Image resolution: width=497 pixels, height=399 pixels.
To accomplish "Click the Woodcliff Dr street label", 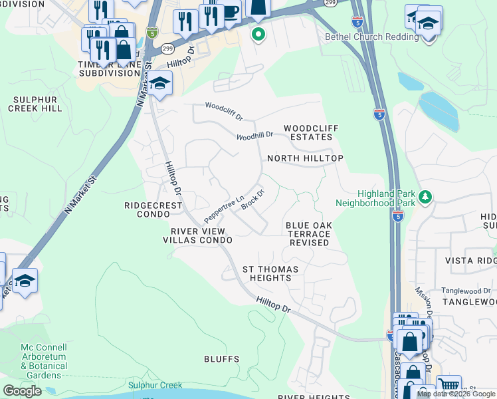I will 224,110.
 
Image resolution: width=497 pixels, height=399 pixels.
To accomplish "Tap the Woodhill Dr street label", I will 255,136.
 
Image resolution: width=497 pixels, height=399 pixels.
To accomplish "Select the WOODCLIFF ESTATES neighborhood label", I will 308,132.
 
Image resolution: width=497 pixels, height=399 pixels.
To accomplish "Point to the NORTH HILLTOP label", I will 305,158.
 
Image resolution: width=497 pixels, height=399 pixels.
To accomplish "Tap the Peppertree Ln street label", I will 224,209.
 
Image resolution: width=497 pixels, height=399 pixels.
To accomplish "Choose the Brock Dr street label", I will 253,200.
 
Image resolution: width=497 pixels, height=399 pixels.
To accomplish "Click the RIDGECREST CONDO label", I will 153,210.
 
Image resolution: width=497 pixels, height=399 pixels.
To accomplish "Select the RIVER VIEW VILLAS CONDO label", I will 198,236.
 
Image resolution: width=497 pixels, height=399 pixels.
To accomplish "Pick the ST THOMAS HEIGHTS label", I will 270,273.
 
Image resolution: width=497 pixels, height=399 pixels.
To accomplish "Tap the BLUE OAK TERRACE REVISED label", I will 308,234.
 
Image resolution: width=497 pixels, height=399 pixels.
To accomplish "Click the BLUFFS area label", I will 222,359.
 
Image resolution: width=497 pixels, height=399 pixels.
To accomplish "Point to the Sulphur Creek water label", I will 155,385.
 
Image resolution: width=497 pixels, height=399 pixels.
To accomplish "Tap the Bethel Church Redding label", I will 372,37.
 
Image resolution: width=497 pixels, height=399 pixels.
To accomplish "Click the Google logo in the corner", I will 23,391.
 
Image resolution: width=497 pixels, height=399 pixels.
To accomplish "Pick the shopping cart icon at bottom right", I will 449,385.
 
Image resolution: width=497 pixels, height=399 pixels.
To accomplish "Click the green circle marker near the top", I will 258,34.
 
